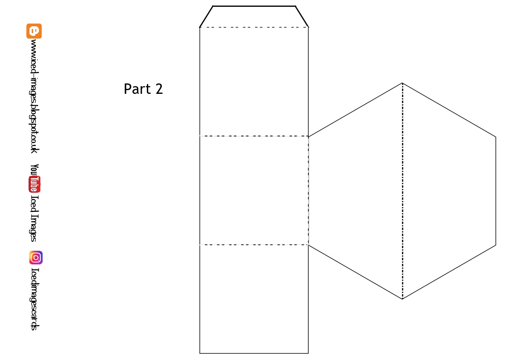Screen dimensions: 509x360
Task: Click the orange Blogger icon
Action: coord(34,31)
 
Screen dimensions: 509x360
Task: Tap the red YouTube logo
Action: coord(34,184)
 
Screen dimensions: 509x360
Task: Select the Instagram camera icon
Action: coord(36,258)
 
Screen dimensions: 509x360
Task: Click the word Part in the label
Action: coord(137,89)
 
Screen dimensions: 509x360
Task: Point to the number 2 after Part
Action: coord(159,89)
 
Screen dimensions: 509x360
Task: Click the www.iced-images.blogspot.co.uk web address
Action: coord(34,96)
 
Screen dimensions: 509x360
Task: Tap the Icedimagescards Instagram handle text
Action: coord(34,299)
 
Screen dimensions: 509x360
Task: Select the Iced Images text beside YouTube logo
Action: coord(34,219)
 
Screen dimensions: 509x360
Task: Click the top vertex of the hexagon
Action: coord(402,83)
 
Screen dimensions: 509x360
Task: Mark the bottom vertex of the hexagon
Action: coord(402,299)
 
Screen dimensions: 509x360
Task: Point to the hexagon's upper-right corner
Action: coord(495,137)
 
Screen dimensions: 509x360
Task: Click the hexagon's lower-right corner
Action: coord(495,245)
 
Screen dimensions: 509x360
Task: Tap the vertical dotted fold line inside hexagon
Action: coord(402,190)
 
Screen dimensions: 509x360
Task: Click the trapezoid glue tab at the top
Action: coord(254,17)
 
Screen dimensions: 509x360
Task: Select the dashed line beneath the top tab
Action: coord(254,27)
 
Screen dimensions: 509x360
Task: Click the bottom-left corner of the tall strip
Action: coord(200,353)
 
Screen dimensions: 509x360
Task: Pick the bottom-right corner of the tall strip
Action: coord(308,353)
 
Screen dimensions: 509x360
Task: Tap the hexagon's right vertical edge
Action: coord(495,190)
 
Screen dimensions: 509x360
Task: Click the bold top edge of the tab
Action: coord(254,6)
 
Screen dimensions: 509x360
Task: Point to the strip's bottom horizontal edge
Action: coord(254,353)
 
